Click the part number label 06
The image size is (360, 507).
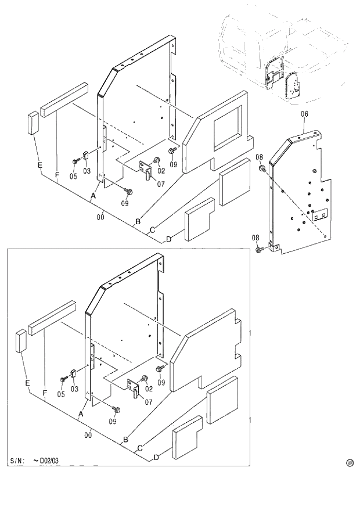point(304,114)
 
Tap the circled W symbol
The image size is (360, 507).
point(350,463)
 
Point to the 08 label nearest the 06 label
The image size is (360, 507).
point(259,157)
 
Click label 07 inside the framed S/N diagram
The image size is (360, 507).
point(149,402)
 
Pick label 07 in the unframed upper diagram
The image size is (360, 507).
point(160,184)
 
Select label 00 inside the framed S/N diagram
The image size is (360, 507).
point(88,434)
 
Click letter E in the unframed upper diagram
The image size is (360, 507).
point(39,166)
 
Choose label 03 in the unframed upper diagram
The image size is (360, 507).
point(87,171)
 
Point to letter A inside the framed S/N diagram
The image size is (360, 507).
point(81,413)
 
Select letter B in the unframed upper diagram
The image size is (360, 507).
point(138,221)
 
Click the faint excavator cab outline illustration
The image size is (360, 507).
point(279,52)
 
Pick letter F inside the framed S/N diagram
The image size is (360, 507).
point(45,394)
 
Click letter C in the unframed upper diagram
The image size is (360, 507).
point(152,230)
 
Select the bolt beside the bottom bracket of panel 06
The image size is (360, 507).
point(258,250)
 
